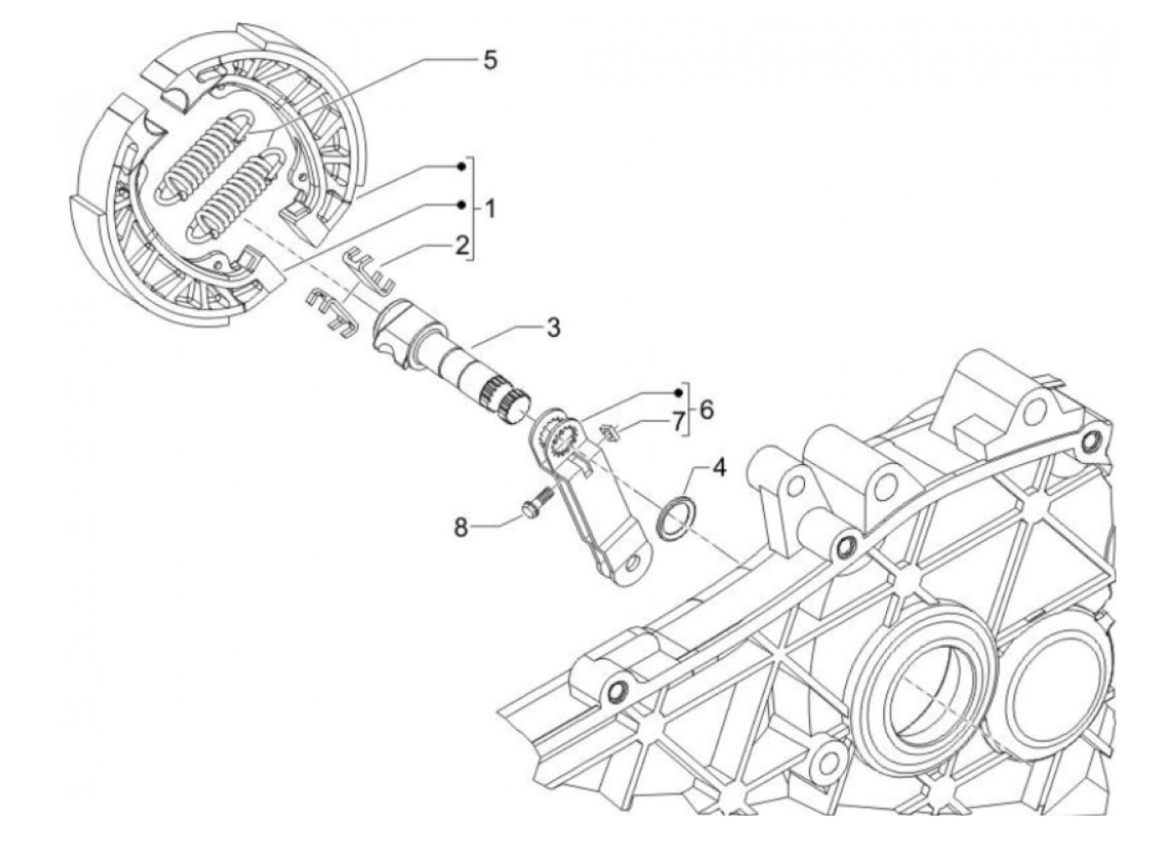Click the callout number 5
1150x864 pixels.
[490, 60]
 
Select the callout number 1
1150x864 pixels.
[490, 209]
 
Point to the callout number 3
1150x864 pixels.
[553, 328]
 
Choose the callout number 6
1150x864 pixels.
[706, 408]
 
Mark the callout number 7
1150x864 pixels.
[678, 421]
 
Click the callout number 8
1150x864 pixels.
[461, 526]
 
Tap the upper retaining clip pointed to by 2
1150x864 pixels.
[370, 260]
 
